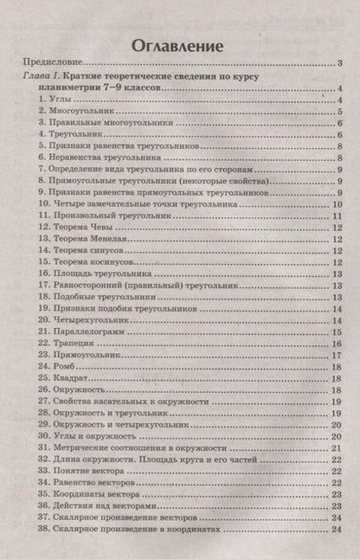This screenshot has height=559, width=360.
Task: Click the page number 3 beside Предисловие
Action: [342, 64]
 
